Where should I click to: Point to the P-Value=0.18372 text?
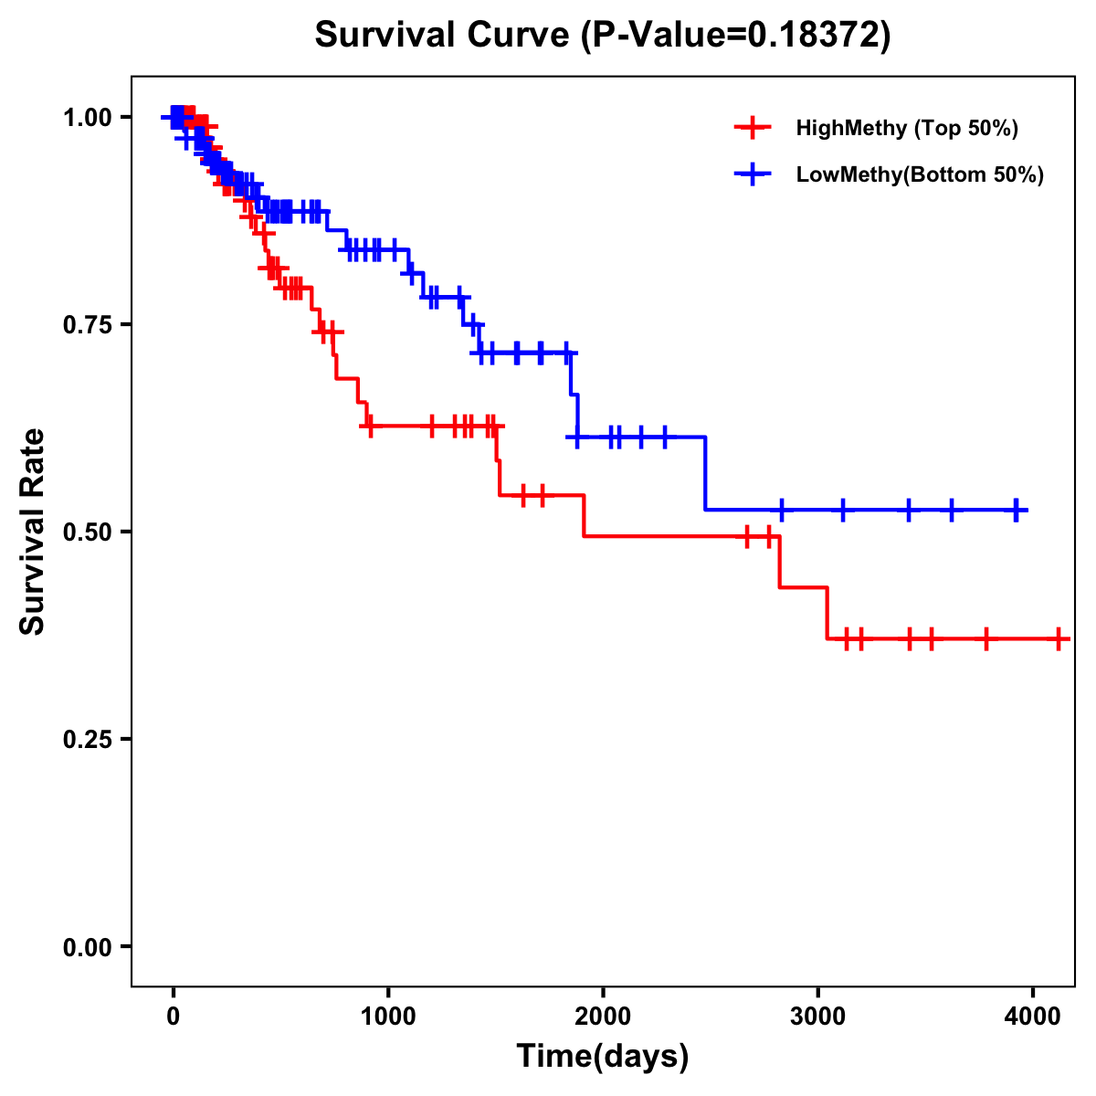coord(737,36)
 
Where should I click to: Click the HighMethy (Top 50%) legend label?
coord(907,128)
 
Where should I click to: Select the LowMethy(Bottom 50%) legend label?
coord(920,175)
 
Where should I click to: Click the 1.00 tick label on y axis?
coord(88,118)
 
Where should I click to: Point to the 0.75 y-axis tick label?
coord(88,325)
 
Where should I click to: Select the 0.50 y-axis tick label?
coord(88,532)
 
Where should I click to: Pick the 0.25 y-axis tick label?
coord(88,740)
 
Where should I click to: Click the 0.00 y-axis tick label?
coord(88,947)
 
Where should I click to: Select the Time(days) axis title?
coord(603,1057)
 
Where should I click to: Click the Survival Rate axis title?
coord(33,532)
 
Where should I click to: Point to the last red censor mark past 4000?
coord(1058,639)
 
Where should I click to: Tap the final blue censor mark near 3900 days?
coord(1016,511)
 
